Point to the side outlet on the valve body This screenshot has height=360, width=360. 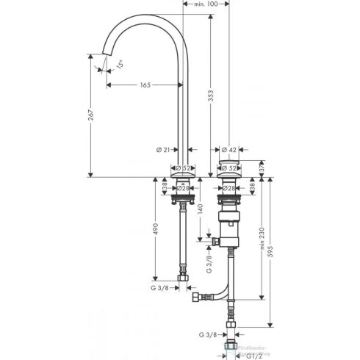tap(214, 240)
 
